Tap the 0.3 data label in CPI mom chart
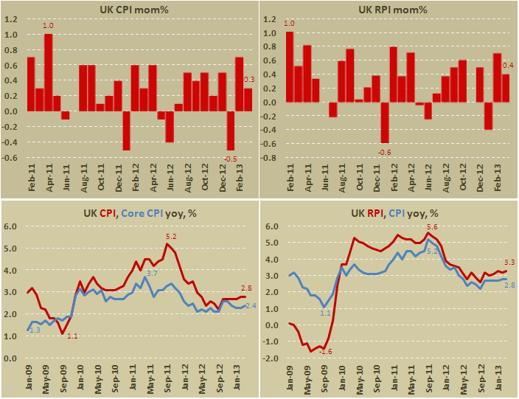point(249,80)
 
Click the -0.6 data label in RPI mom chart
point(385,152)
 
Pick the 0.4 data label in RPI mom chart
point(508,66)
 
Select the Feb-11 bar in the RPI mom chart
point(290,72)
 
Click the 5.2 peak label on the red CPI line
point(172,237)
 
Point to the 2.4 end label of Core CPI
point(251,305)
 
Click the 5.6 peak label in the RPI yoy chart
point(432,227)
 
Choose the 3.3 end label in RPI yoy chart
point(509,262)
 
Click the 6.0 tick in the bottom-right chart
point(271,226)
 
